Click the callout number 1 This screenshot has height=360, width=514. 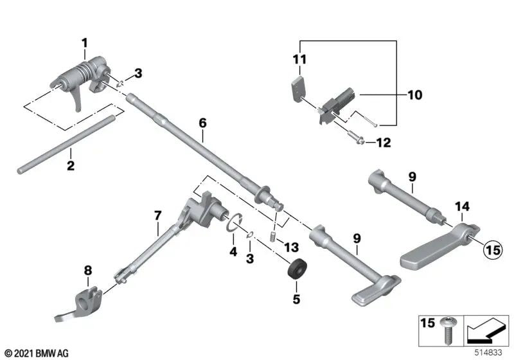point(84,43)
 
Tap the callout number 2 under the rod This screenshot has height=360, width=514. point(71,166)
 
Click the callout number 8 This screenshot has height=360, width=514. point(88,271)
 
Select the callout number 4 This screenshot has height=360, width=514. point(233,249)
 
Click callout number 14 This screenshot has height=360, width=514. point(463,206)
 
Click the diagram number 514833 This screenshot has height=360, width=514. point(490,352)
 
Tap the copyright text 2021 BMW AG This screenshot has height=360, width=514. point(37,353)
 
